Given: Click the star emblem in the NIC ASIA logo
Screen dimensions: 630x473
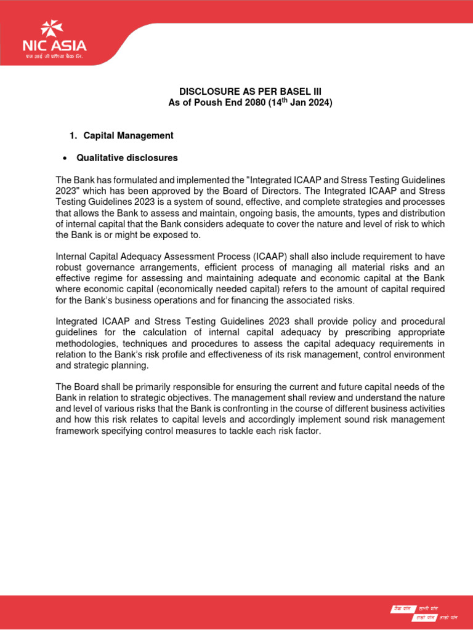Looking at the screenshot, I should click(x=51, y=28).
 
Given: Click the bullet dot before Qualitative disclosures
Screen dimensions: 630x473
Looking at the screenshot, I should click(x=65, y=158).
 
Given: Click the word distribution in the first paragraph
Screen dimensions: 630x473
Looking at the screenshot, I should click(x=419, y=213).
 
